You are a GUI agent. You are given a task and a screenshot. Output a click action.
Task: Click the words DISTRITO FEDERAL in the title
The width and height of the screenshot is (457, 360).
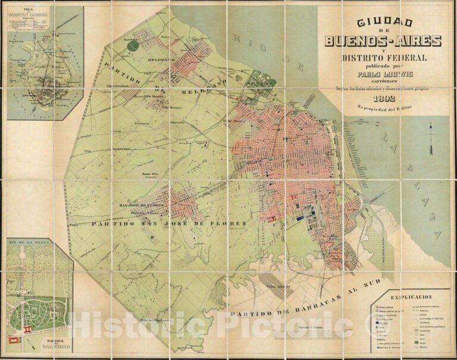click(383, 58)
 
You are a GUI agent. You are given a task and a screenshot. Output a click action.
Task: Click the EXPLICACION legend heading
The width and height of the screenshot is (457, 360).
click(411, 296)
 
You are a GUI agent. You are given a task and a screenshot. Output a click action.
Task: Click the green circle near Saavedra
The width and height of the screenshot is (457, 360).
click(133, 45)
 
